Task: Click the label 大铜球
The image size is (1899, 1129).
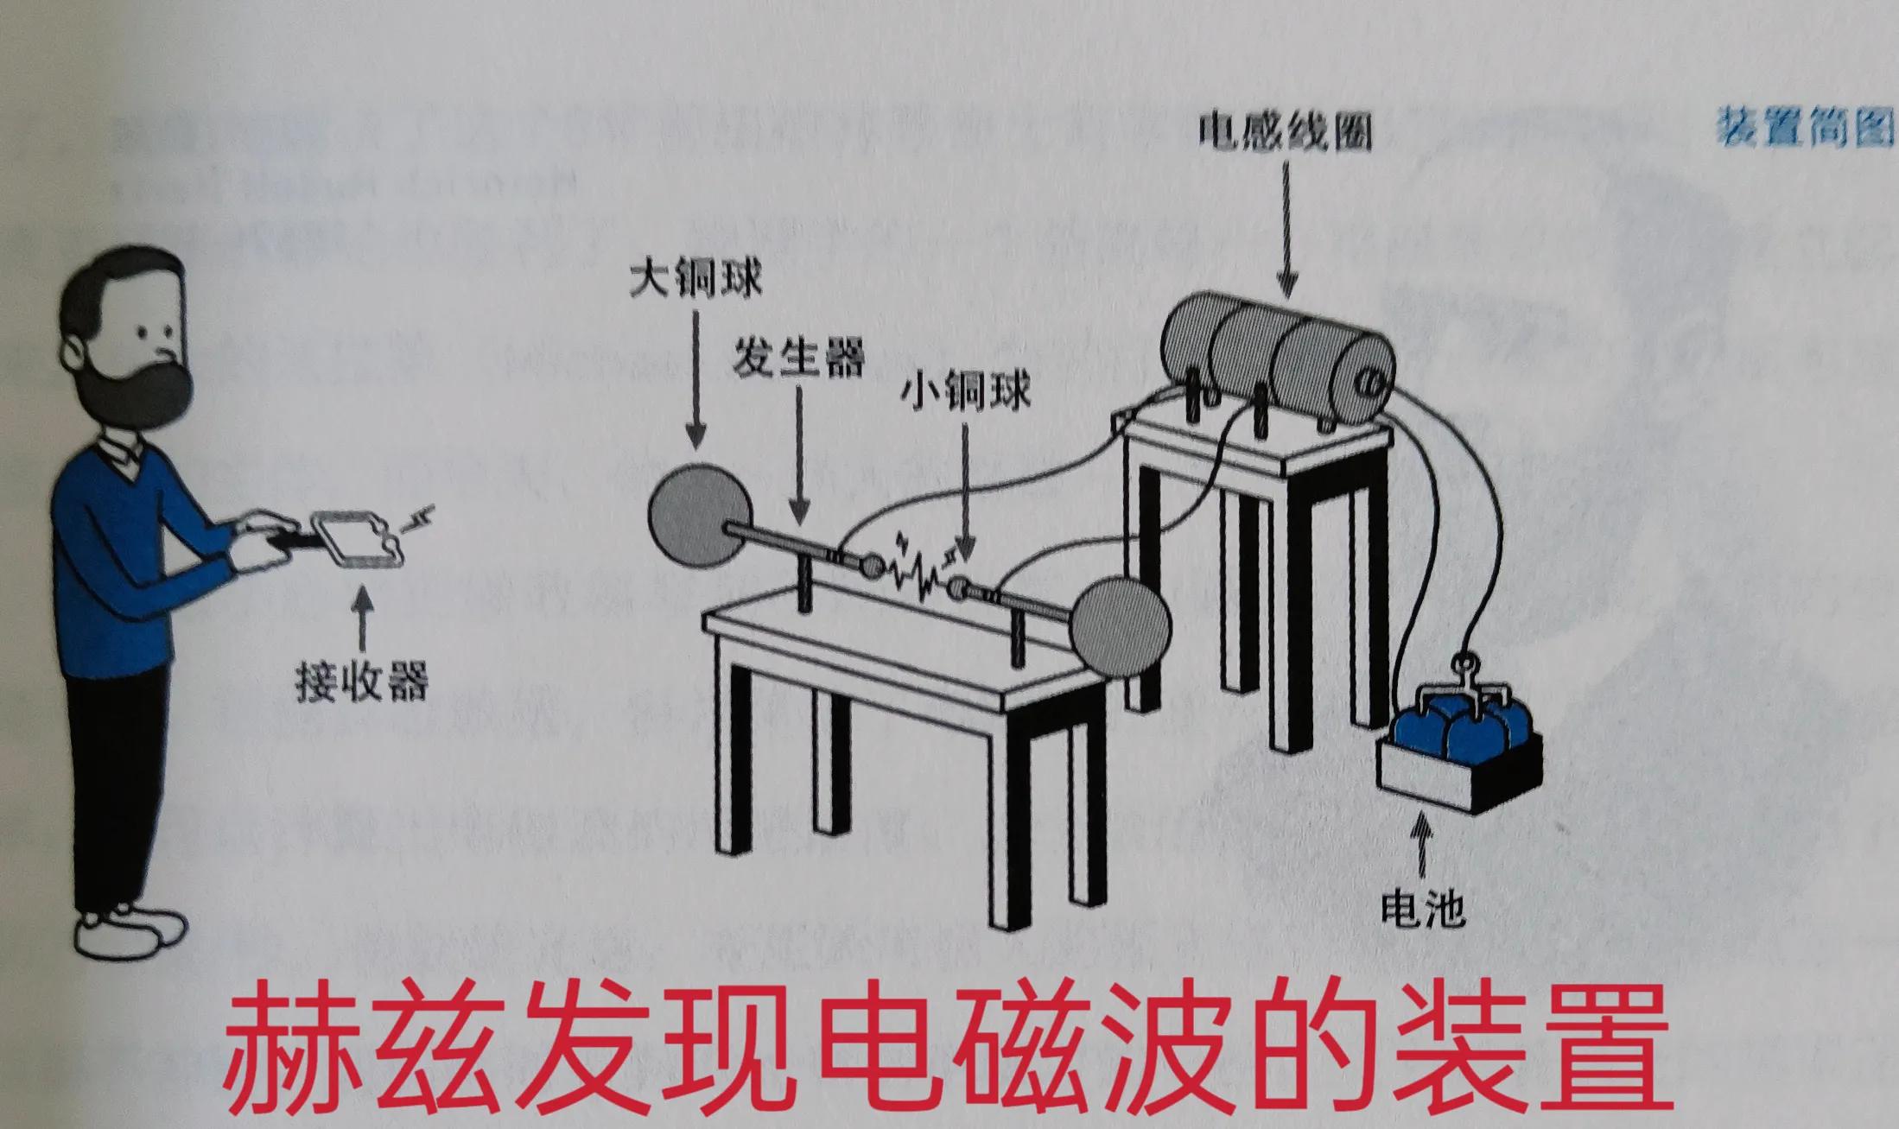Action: (695, 282)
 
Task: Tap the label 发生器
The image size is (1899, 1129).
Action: (798, 357)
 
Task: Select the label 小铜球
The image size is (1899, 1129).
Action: (965, 394)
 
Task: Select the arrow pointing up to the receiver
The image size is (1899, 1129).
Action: (363, 618)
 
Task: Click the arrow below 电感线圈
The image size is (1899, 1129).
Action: (1286, 233)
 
